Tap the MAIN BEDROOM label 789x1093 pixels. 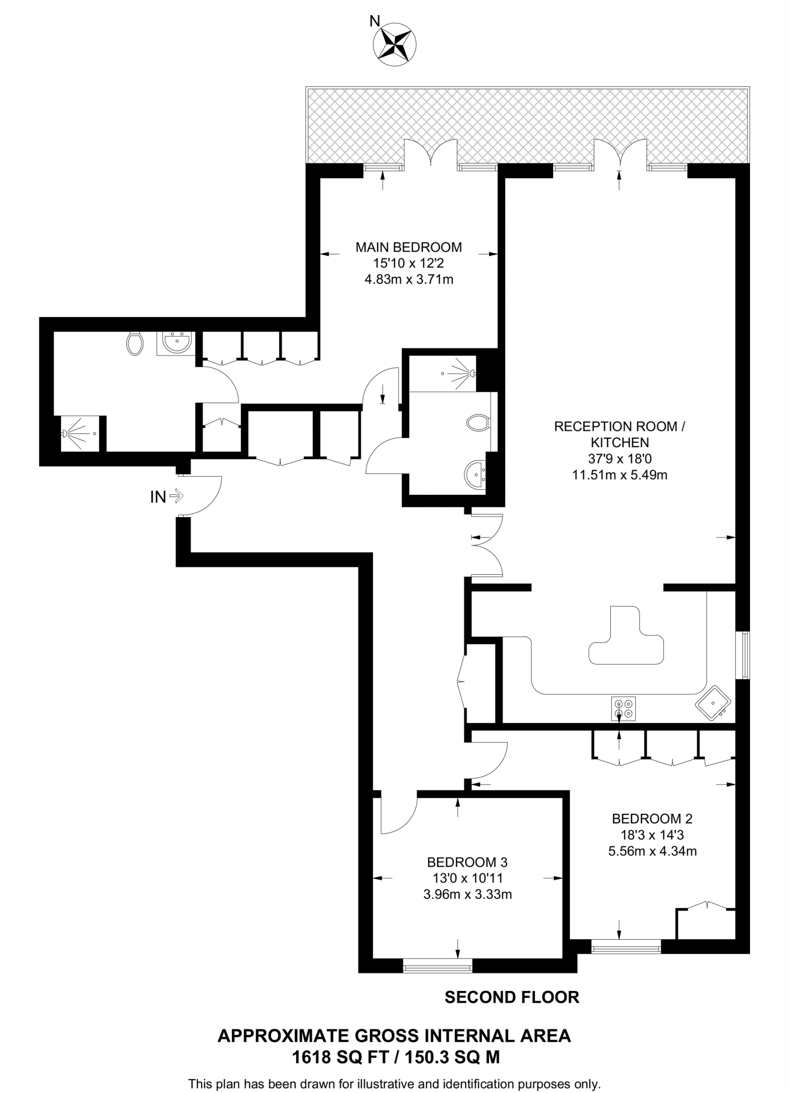click(x=409, y=247)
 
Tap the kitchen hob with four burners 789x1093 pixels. click(x=624, y=709)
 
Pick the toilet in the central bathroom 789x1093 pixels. click(x=478, y=423)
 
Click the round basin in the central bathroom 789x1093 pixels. click(x=475, y=473)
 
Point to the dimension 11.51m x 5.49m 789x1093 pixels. click(x=619, y=474)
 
